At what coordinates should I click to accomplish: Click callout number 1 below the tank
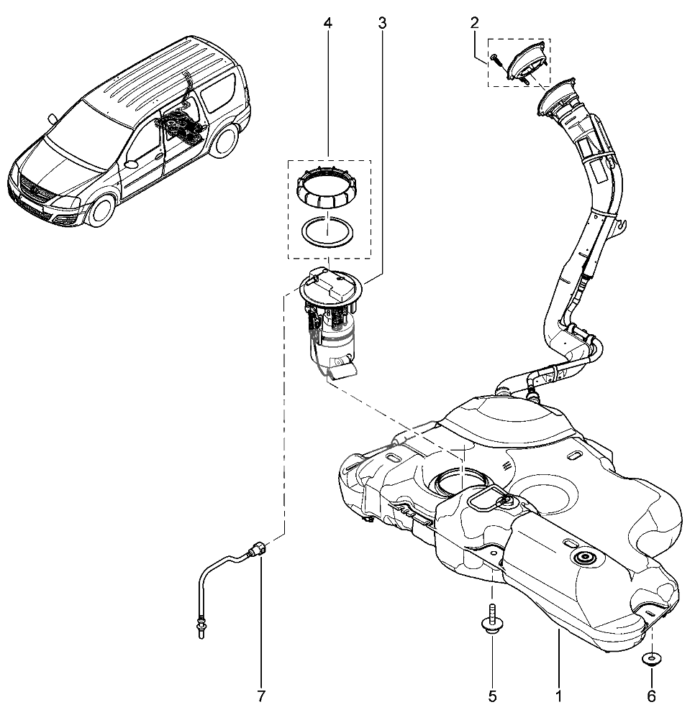[558, 696]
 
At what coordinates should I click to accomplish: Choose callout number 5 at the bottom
[492, 696]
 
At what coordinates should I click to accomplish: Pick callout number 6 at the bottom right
[652, 696]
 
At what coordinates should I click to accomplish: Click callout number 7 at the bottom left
[261, 696]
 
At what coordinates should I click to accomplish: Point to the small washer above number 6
[652, 659]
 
